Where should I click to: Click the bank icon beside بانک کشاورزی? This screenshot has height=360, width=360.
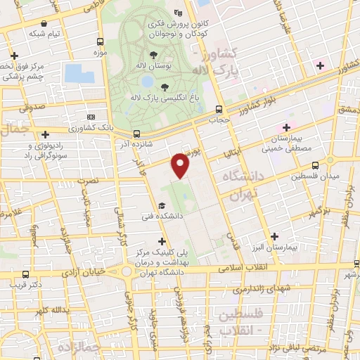pyautogui.click(x=90, y=117)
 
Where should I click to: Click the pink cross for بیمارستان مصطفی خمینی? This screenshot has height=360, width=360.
pyautogui.click(x=285, y=127)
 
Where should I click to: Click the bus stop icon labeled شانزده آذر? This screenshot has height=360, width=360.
pyautogui.click(x=136, y=134)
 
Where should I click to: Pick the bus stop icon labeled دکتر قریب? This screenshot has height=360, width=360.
pyautogui.click(x=26, y=274)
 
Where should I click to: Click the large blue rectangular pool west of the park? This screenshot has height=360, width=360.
pyautogui.click(x=74, y=72)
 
